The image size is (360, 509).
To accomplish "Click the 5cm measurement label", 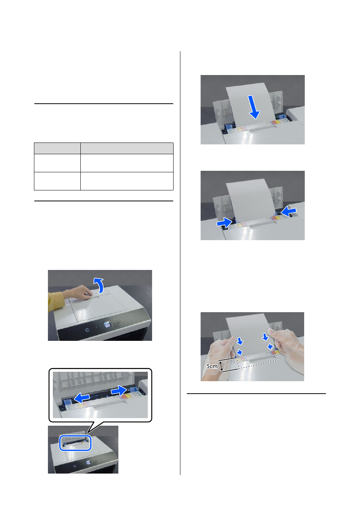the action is [212, 366].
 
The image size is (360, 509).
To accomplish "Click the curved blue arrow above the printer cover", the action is [99, 285].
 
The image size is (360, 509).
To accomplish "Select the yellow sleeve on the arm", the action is [55, 300].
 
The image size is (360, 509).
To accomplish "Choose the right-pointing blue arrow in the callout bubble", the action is [119, 391].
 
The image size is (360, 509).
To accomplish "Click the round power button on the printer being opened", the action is [87, 330].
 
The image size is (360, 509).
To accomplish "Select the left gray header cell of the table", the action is [57, 149].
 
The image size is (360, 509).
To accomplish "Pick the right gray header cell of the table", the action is [127, 149].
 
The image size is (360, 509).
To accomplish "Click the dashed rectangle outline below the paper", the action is [258, 362].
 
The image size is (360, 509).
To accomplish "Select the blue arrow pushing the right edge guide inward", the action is [288, 211].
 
